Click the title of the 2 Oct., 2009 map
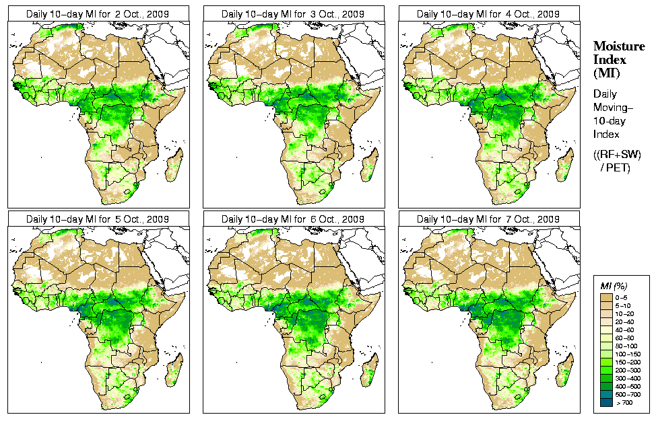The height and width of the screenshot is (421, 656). click(98, 13)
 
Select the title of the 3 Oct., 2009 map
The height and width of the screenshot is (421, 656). click(294, 13)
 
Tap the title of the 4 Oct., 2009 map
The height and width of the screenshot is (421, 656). click(489, 13)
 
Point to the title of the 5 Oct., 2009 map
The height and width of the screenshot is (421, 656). click(98, 219)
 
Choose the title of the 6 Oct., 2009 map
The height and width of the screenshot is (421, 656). click(294, 219)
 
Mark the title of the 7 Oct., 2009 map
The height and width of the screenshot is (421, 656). click(489, 219)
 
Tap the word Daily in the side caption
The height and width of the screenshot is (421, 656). click(604, 94)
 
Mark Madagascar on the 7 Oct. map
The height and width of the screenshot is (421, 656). click(565, 369)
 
